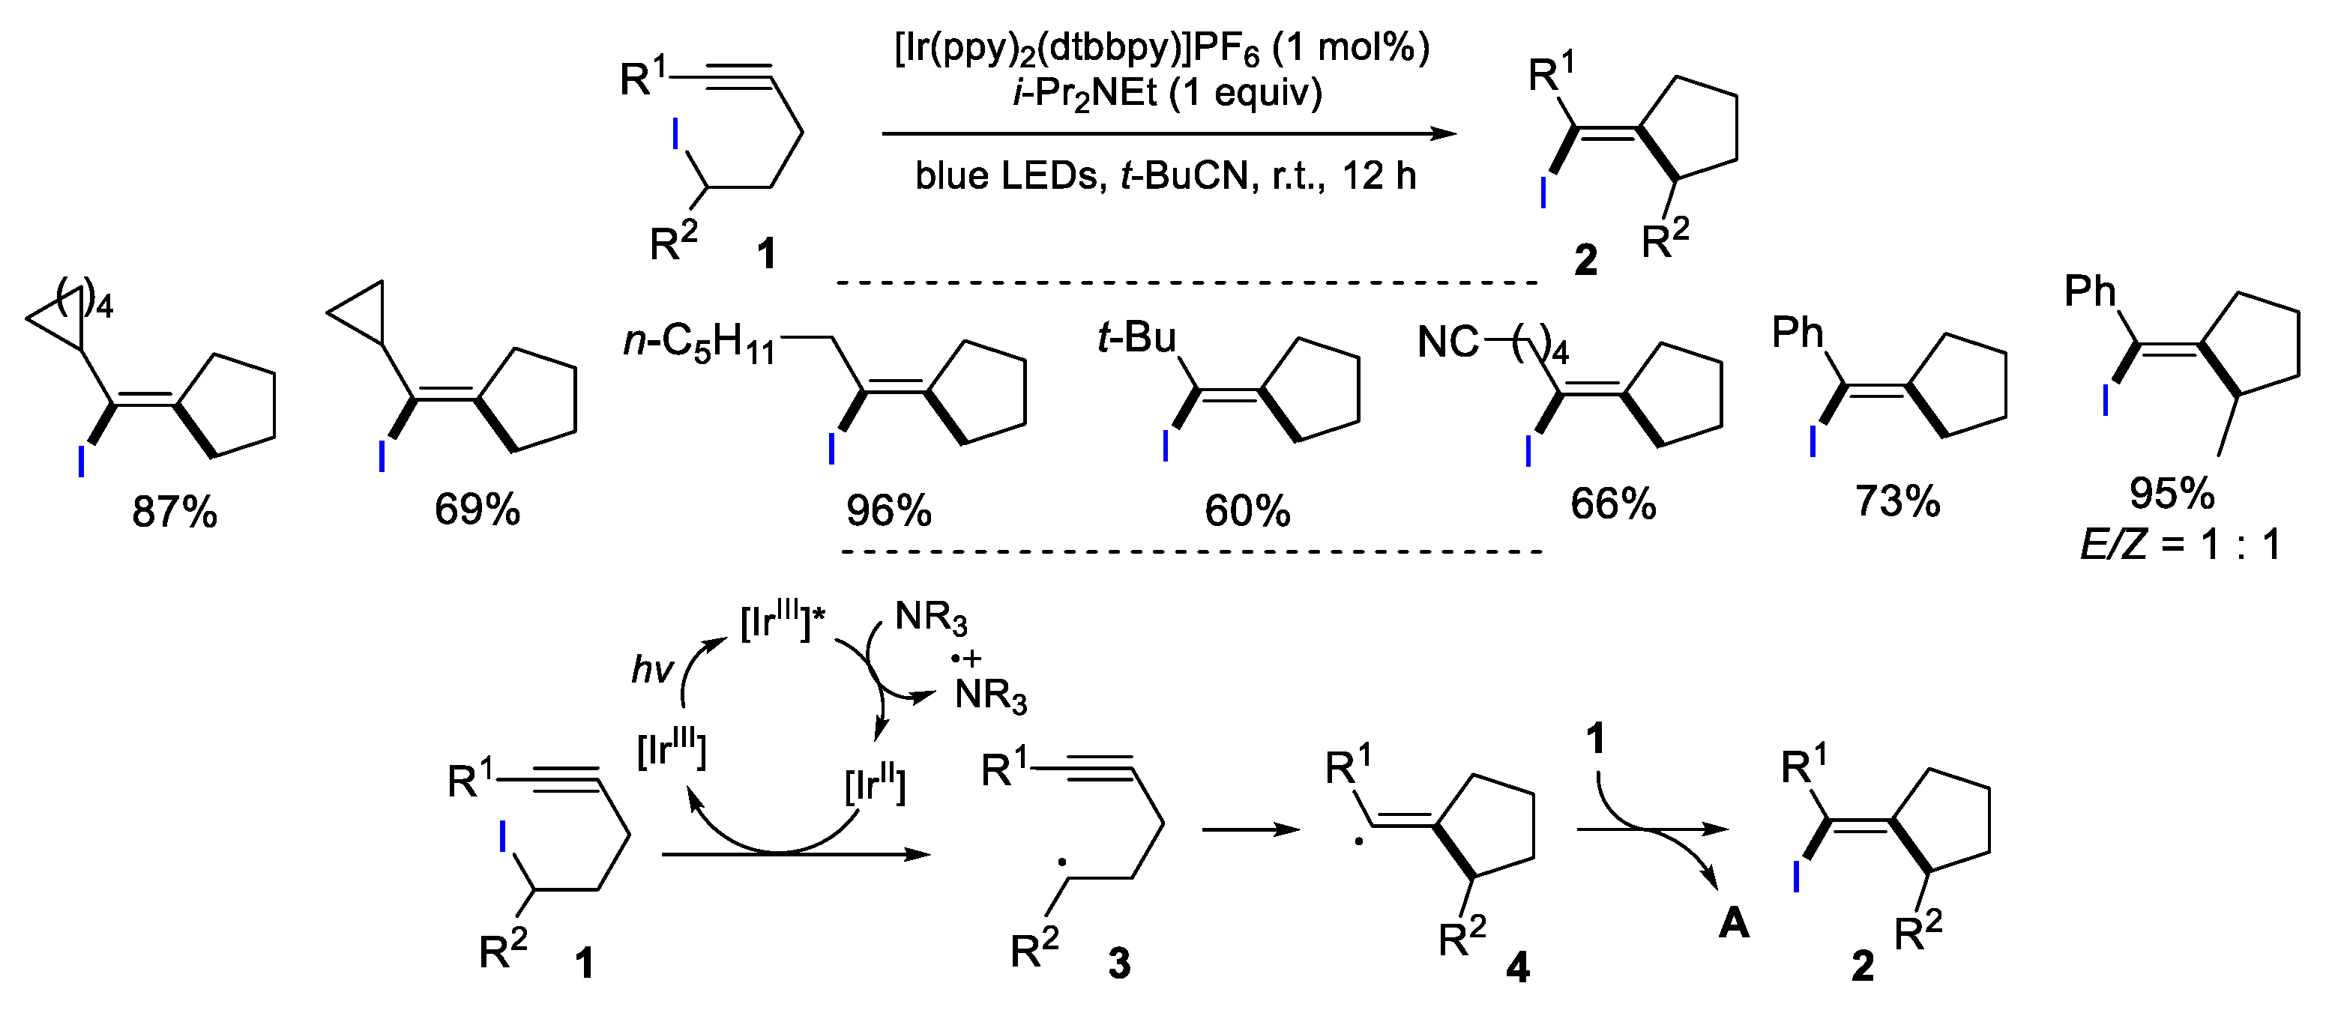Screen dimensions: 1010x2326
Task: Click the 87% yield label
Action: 174,512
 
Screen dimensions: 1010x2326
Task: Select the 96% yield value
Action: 888,511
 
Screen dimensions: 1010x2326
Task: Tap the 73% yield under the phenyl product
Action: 1897,501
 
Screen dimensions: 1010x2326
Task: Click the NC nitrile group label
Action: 1448,343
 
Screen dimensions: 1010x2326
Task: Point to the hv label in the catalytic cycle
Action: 652,670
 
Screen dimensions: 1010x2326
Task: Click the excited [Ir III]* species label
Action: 782,623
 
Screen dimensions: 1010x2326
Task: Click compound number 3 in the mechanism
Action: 1118,965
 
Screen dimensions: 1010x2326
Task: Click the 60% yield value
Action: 1247,512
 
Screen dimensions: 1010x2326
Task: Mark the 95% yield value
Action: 2172,493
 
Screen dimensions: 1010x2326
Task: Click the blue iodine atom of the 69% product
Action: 382,456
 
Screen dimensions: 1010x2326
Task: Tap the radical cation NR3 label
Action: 989,695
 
